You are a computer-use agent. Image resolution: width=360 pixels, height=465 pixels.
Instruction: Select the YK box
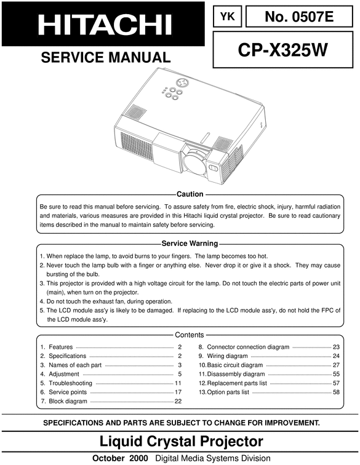228,17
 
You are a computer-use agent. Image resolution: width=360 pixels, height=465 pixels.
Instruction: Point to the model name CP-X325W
283,50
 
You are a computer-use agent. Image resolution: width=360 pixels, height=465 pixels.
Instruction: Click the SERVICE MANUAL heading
105,58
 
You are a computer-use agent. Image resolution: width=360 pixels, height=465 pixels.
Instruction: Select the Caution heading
190,194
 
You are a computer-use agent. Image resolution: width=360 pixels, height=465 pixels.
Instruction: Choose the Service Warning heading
190,244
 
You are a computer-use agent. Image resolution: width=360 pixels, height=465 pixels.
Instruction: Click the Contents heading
190,335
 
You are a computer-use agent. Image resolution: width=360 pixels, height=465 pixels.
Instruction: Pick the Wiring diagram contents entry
227,356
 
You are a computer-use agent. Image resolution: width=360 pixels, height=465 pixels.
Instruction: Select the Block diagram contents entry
68,401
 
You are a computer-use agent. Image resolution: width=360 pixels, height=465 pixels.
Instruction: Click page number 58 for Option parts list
336,392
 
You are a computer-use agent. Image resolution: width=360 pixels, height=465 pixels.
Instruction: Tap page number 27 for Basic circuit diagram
336,365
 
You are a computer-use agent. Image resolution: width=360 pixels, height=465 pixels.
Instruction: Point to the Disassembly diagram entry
236,374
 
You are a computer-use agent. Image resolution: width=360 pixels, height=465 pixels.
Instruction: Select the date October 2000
121,458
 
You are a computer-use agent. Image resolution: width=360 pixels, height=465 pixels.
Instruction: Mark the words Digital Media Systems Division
213,458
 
